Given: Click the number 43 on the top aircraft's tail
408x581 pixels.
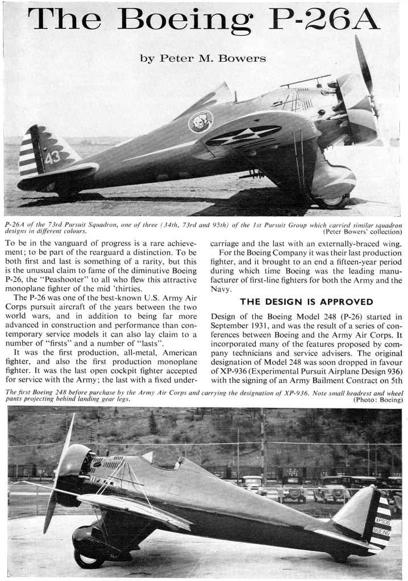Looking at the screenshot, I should (52, 157).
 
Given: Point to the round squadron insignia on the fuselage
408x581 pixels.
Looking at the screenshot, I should (200, 121).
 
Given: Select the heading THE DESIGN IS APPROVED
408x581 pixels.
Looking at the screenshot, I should (306, 301).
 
